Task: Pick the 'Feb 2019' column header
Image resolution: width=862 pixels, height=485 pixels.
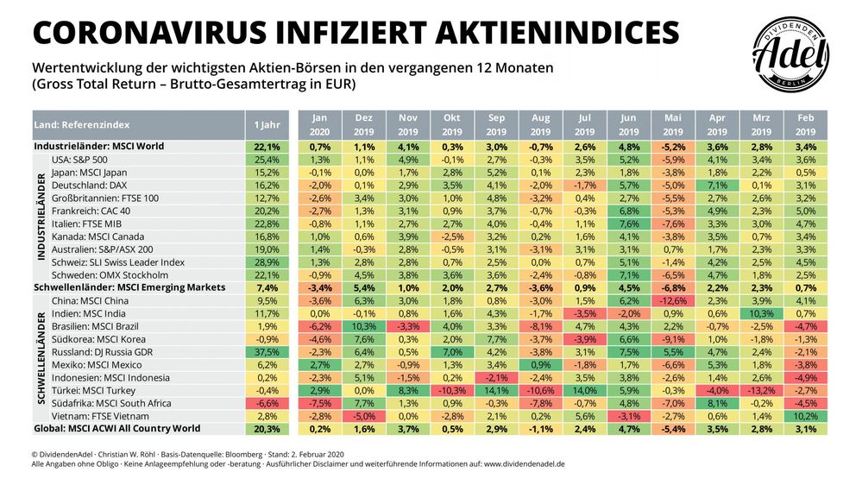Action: pos(805,125)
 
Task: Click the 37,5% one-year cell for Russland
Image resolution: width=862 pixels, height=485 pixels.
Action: pos(267,352)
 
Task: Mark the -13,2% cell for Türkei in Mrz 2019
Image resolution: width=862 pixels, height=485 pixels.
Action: pos(761,390)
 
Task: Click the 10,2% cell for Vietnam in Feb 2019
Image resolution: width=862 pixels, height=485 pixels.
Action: pos(805,416)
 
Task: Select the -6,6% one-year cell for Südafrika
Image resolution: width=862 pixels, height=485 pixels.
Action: pos(267,403)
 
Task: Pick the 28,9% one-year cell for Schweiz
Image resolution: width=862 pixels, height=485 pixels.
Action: pos(267,261)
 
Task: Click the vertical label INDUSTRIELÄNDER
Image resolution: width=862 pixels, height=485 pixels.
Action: pos(39,217)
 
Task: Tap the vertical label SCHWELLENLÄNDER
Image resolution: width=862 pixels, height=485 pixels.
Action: pos(39,357)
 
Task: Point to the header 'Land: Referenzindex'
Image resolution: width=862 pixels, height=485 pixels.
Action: pos(77,125)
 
